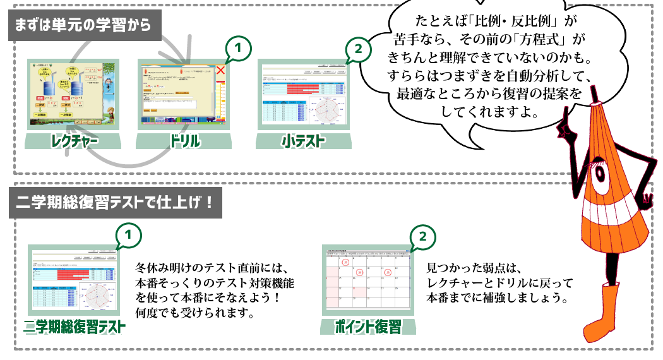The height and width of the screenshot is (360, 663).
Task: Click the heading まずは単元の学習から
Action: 82,26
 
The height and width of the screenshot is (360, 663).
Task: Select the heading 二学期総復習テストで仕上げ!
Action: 117,202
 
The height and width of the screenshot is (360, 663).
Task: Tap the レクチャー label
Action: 74,140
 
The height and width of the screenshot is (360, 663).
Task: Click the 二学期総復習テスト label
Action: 75,327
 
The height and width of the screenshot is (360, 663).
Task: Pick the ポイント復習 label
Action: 369,327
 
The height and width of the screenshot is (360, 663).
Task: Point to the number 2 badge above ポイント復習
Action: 422,236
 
